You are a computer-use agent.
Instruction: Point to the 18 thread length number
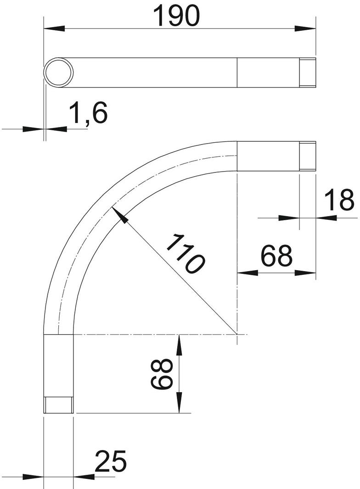click(x=339, y=200)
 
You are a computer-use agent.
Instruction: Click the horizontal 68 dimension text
click(x=276, y=256)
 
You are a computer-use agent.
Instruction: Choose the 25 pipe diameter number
click(x=110, y=461)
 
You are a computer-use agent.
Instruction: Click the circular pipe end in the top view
click(x=58, y=73)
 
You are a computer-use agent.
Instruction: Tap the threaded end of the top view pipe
click(x=308, y=73)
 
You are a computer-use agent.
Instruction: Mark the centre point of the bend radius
click(x=237, y=335)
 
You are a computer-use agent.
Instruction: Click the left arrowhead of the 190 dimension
click(x=53, y=28)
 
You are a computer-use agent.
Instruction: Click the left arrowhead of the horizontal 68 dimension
click(x=247, y=273)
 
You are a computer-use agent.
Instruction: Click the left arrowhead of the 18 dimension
click(x=289, y=218)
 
